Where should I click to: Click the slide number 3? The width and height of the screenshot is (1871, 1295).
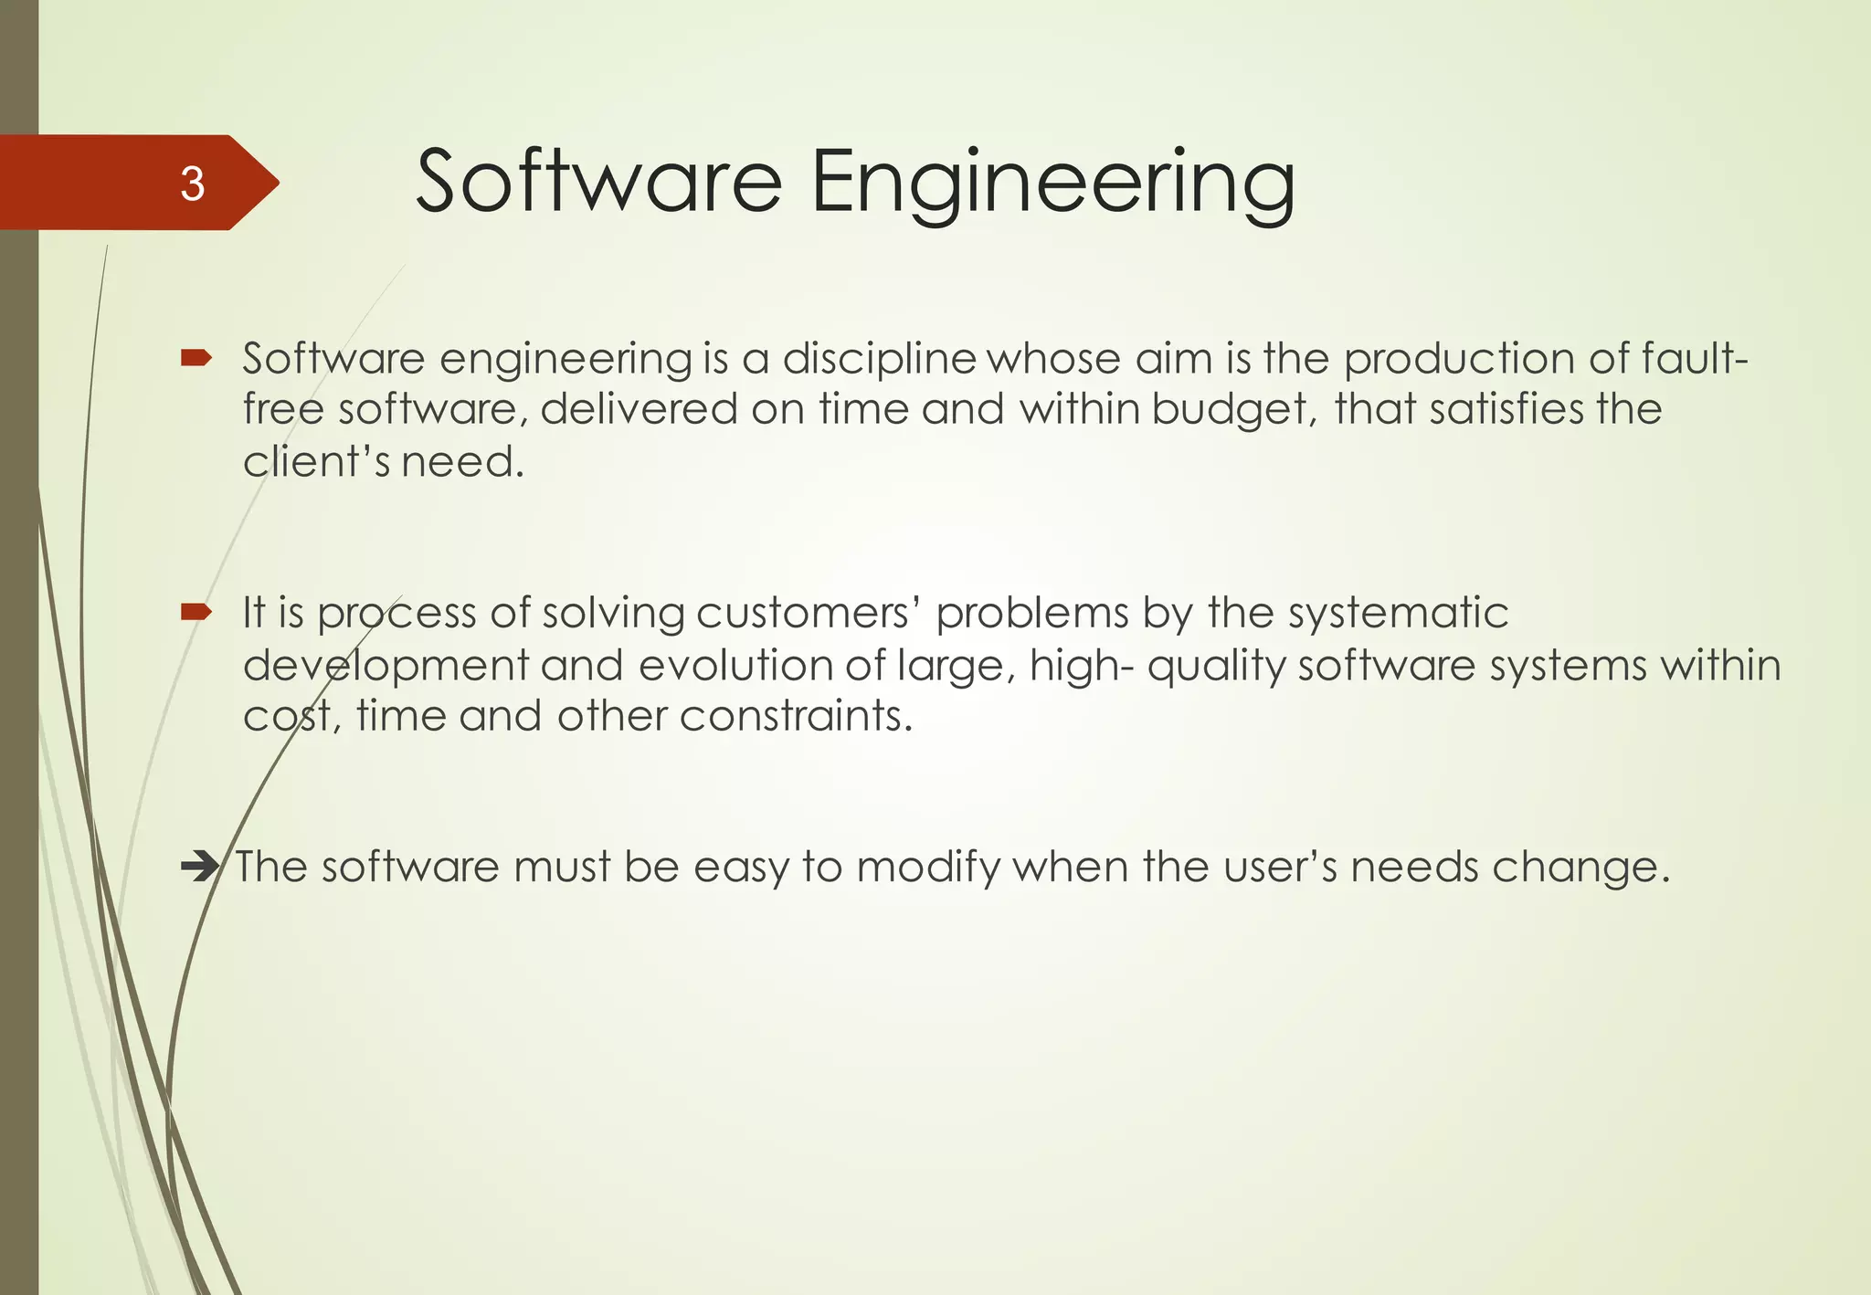point(192,184)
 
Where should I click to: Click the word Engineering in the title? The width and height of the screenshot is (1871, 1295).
point(1052,183)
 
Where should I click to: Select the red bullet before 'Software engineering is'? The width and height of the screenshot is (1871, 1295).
point(196,358)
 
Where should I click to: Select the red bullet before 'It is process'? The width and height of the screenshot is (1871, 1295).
point(196,611)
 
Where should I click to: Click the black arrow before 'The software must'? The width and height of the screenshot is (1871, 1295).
point(200,866)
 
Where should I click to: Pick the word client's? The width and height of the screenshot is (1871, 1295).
point(316,460)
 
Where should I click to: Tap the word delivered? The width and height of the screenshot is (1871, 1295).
point(639,408)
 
